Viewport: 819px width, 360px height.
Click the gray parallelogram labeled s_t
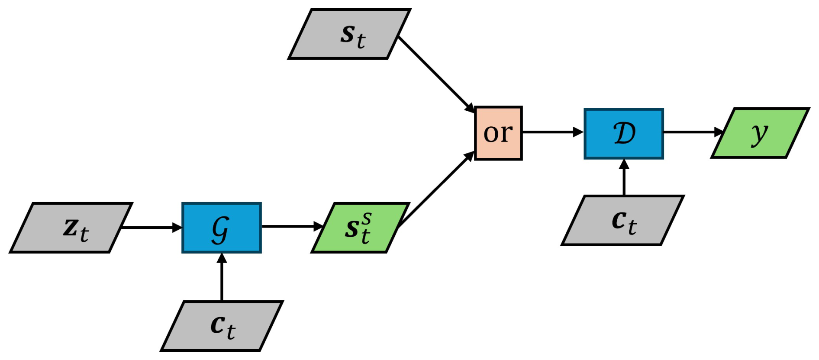(x=349, y=34)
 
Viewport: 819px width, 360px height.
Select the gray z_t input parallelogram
(x=71, y=228)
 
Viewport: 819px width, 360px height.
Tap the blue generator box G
(x=222, y=228)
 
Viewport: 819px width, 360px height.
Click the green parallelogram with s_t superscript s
(x=360, y=228)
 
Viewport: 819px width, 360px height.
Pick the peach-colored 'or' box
(x=498, y=133)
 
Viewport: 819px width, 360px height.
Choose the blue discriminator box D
(x=624, y=134)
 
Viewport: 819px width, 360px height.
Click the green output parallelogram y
(x=760, y=133)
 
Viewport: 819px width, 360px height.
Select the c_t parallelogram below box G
(x=222, y=326)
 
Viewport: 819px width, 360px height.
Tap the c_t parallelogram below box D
(x=623, y=220)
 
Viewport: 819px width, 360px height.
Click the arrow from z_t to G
(x=152, y=227)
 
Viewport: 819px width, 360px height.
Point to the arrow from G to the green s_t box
(x=292, y=226)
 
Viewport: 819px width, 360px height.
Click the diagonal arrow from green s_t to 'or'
(x=435, y=190)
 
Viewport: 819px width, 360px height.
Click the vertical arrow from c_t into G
(x=222, y=277)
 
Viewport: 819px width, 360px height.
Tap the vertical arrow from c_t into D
(x=624, y=177)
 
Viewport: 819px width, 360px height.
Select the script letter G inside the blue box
(x=220, y=229)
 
